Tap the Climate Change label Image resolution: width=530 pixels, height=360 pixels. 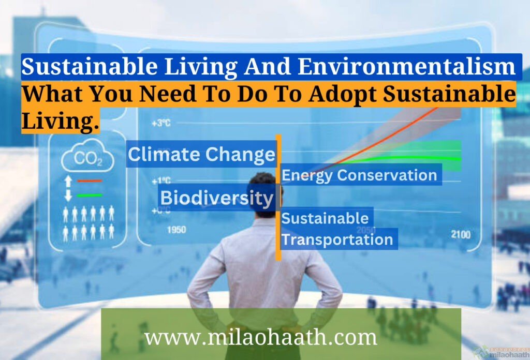(x=201, y=154)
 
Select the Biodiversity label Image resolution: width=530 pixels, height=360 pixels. (x=216, y=198)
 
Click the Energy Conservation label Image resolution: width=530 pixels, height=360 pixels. (x=359, y=175)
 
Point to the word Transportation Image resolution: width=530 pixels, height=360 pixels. (x=337, y=240)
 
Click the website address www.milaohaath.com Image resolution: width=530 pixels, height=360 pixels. (x=260, y=337)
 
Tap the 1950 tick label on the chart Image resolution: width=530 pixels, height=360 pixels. (x=176, y=230)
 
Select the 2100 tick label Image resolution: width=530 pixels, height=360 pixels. (x=460, y=235)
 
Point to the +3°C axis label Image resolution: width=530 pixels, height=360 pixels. (x=161, y=123)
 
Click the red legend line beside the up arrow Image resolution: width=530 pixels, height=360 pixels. (x=90, y=181)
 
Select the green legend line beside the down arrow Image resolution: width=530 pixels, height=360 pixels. (x=90, y=195)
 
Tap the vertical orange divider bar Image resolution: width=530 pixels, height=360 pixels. (x=278, y=197)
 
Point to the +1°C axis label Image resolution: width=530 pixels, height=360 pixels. (x=161, y=181)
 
